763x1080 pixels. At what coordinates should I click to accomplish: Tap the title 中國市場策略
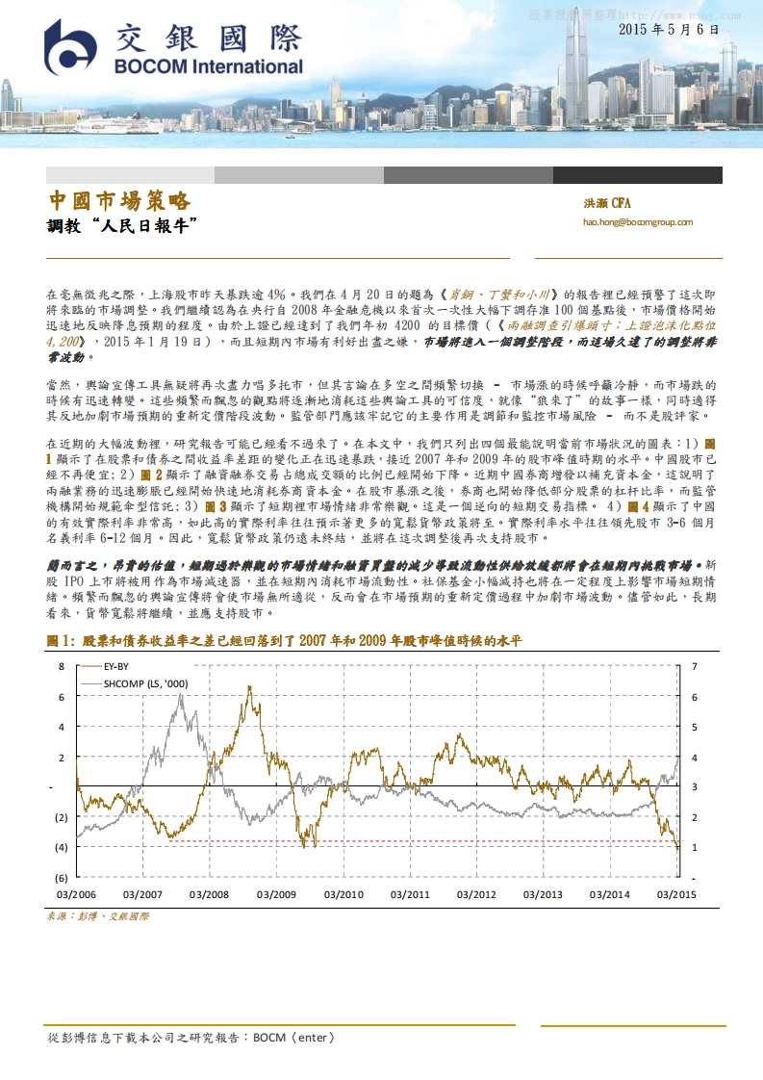coord(119,201)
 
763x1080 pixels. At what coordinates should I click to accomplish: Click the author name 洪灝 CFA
coord(606,204)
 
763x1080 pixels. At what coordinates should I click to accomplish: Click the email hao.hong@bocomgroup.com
coord(637,222)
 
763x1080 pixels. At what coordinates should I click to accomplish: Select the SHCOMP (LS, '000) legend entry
coord(144,683)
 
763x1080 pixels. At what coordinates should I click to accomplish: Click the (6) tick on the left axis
coord(59,878)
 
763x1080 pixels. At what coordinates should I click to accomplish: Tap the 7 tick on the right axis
coord(694,666)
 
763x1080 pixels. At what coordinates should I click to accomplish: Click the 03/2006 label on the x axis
coord(75,894)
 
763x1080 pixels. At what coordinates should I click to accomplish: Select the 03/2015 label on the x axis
coord(675,894)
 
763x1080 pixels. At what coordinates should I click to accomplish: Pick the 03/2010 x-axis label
coord(343,894)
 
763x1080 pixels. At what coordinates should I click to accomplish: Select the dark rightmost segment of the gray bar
coord(637,175)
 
